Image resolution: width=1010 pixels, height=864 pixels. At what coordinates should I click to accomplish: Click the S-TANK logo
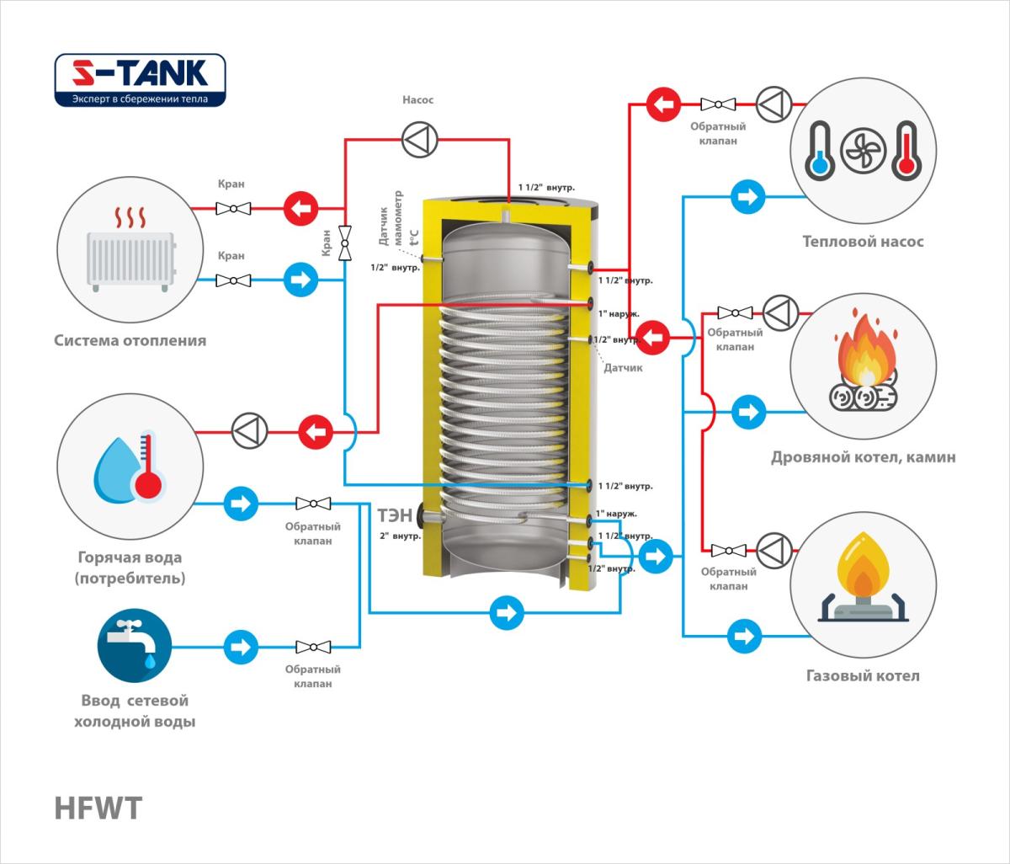[140, 81]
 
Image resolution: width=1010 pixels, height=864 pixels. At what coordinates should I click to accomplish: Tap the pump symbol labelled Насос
[418, 141]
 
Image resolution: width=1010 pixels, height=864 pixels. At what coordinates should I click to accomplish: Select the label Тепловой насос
[863, 242]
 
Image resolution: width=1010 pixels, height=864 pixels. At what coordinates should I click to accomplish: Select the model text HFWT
[98, 808]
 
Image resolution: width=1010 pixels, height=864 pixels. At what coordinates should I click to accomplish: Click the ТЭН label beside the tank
[395, 514]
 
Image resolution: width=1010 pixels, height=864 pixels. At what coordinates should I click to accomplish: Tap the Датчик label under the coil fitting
[623, 368]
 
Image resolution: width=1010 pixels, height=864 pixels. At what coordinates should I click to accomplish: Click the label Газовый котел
[863, 675]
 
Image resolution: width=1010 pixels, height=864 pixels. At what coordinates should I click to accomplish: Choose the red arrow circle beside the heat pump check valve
[663, 105]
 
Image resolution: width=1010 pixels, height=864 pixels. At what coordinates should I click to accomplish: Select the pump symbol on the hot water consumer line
[249, 432]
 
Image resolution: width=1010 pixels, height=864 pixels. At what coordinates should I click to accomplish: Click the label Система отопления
[130, 341]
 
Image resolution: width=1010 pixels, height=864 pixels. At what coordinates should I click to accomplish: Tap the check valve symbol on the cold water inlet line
[313, 647]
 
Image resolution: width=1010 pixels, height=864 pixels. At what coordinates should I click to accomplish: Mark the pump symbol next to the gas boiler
[773, 550]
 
